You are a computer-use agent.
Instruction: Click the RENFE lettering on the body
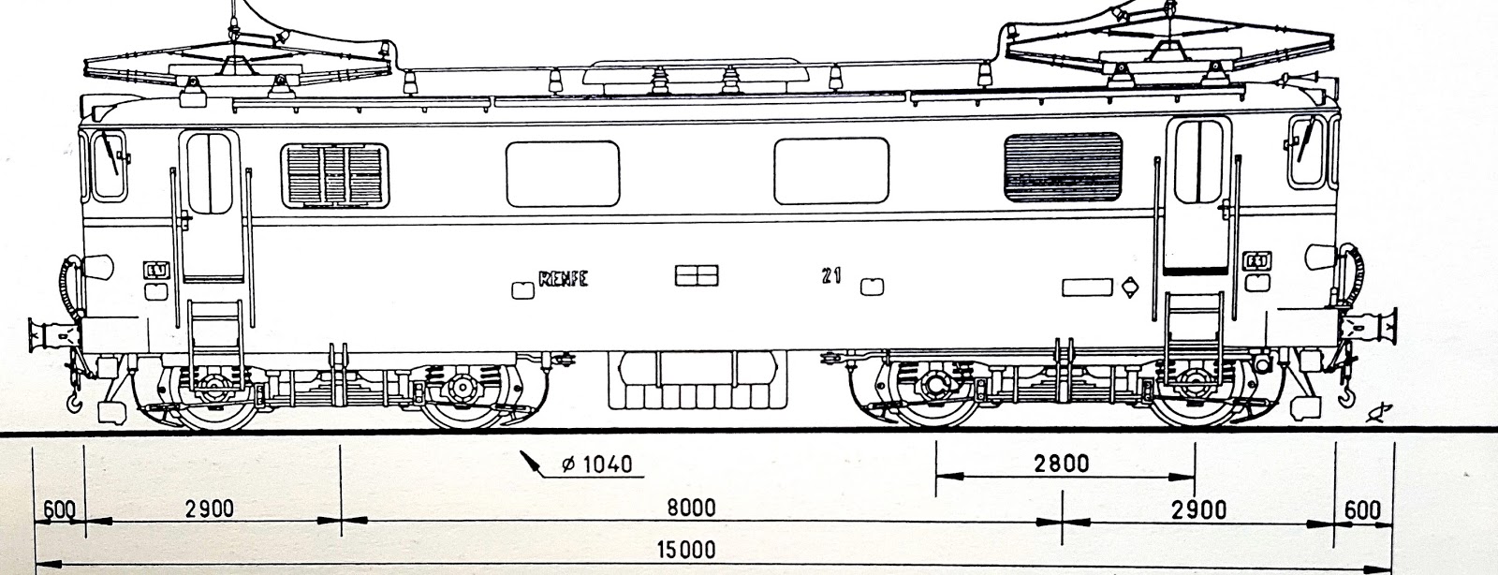(564, 279)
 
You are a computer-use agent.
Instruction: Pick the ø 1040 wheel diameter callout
(594, 464)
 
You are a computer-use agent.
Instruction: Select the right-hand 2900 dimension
(1199, 509)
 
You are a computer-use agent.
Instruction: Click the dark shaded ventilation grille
(1063, 168)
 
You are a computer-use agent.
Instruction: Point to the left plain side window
(562, 173)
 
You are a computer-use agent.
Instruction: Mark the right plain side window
(830, 170)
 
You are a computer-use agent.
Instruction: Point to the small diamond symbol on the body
(1130, 287)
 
